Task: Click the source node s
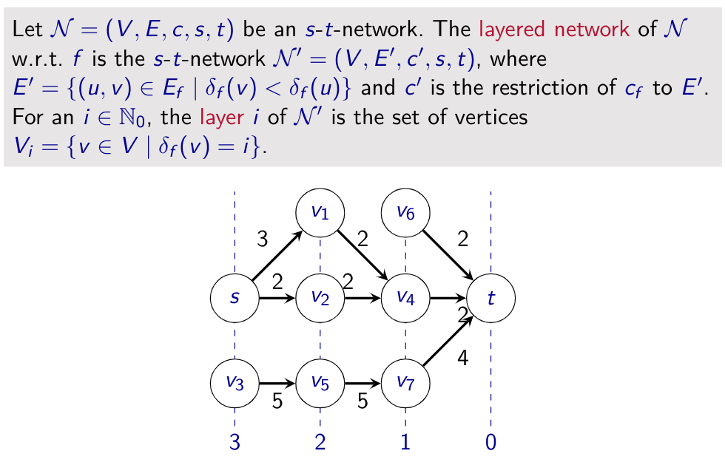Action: point(235,298)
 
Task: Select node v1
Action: point(320,212)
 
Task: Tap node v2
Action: point(320,298)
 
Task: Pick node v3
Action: point(235,383)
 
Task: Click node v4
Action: point(405,298)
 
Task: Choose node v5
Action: point(320,383)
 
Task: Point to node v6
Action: point(405,212)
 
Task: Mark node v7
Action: point(405,383)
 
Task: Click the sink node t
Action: point(490,298)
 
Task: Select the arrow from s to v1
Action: point(277,256)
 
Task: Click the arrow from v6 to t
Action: point(448,256)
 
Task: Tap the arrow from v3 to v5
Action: point(277,384)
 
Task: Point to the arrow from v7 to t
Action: point(448,341)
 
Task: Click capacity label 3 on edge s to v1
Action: point(263,238)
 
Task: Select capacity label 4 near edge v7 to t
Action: point(463,359)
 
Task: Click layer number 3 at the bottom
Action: point(235,443)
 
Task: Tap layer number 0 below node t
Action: point(490,443)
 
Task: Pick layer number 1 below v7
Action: point(405,443)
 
